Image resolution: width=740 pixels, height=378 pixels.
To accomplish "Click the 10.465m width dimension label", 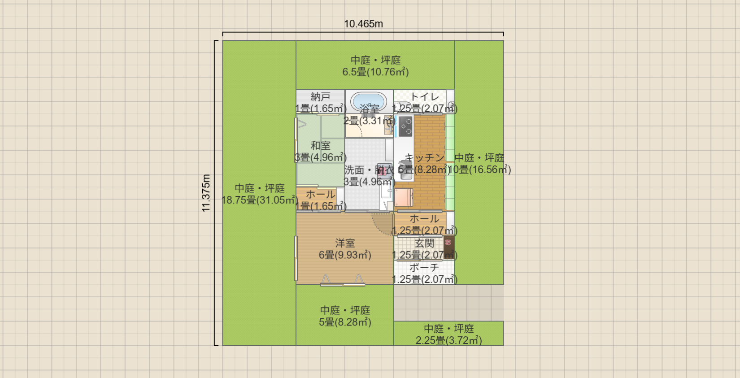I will [363, 24].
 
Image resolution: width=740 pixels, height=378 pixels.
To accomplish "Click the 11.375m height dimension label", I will [206, 193].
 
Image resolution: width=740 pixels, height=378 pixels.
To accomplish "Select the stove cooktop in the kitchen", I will [406, 126].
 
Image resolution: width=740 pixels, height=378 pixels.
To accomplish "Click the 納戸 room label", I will [320, 96].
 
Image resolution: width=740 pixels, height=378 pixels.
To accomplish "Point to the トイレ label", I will [424, 96].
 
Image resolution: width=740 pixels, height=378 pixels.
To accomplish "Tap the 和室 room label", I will [320, 145].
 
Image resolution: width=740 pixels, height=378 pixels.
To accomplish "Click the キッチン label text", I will [424, 158].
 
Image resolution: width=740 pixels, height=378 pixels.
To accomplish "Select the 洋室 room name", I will [345, 243].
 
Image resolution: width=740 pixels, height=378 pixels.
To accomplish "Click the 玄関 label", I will [424, 243].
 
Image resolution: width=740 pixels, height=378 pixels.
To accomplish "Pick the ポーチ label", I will [424, 268].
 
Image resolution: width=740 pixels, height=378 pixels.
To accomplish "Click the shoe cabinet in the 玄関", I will [448, 247].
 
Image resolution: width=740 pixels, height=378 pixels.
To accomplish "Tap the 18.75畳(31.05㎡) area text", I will [259, 200].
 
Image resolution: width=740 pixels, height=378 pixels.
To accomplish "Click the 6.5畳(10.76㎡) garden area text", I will [375, 72].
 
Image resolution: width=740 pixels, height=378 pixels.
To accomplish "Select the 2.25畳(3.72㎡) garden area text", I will [448, 340].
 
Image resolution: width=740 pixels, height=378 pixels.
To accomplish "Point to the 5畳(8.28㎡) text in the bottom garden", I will [345, 322].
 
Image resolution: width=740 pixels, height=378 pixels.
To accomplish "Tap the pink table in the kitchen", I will [404, 198].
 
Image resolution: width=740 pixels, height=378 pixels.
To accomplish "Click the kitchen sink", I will [405, 171].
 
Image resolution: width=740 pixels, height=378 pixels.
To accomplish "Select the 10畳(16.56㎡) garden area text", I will [479, 169].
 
